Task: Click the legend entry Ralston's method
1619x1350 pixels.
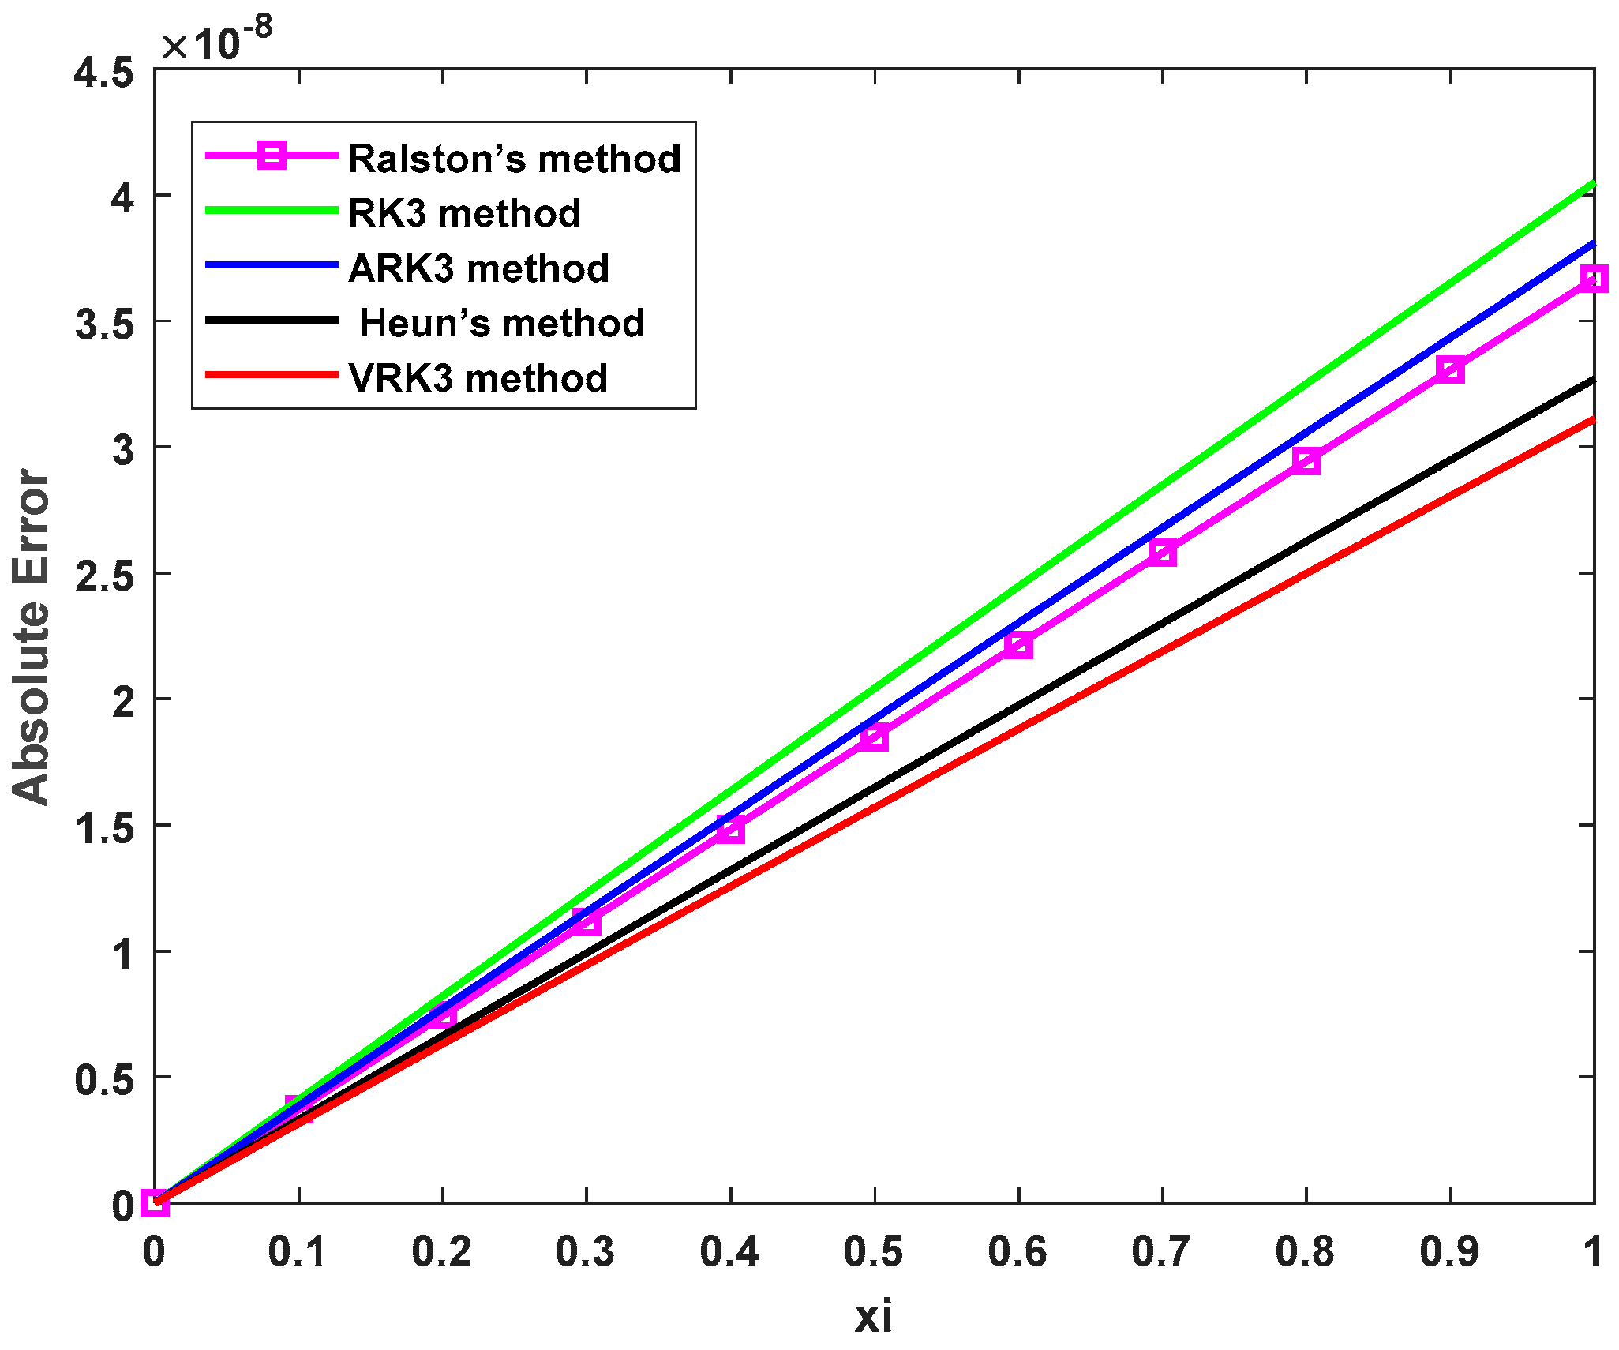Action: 514,159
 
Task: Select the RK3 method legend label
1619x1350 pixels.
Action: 464,213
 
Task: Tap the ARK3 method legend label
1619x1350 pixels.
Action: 478,268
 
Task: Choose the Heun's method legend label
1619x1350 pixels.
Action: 502,323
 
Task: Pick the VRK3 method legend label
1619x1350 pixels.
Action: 478,378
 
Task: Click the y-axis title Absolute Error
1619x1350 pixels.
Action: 32,636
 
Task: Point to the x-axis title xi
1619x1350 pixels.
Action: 874,1317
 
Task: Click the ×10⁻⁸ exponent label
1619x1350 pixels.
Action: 217,40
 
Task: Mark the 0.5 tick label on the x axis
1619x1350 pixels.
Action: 874,1252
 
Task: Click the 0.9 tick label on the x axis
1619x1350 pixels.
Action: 1450,1252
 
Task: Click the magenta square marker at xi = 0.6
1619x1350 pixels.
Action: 1018,645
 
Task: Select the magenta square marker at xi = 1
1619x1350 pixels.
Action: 1594,279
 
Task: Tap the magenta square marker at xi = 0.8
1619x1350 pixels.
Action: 1306,462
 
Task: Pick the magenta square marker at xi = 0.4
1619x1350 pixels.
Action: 730,830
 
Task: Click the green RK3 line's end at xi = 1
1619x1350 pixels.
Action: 1593,184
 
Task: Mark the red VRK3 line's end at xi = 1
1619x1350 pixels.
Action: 1593,420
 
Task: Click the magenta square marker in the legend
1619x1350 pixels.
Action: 272,155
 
